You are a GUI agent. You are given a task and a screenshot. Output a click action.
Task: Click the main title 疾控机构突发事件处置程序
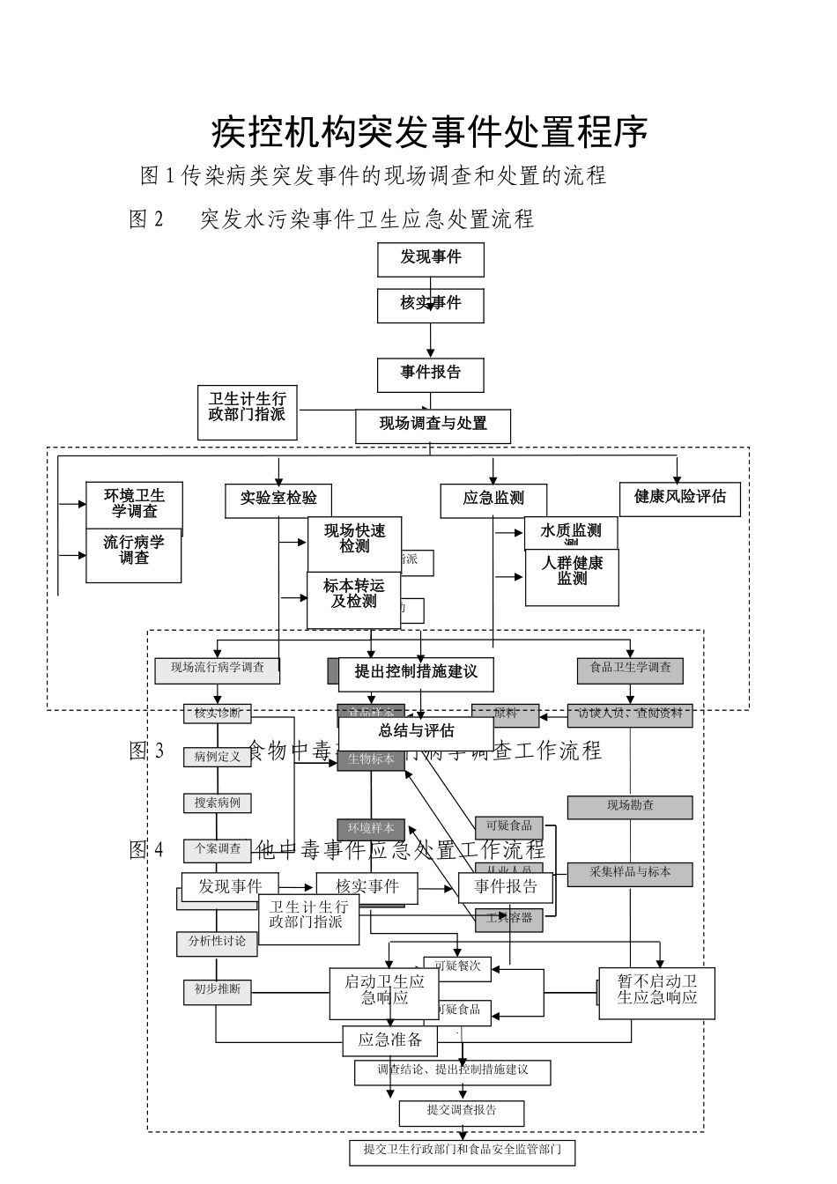point(430,132)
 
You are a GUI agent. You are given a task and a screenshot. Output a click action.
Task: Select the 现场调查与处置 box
point(433,425)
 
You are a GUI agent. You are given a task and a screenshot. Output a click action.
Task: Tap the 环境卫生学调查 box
point(134,504)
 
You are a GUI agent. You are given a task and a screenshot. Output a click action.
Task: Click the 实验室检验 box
point(278,499)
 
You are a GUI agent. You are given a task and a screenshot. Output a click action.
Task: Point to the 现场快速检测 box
point(354,539)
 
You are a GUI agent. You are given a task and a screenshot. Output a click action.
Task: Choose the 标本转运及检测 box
point(353,595)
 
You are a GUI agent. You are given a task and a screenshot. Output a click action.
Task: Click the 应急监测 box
point(493,499)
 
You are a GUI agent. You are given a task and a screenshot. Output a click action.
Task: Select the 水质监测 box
point(571,531)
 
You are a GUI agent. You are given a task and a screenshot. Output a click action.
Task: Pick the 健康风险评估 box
point(679,498)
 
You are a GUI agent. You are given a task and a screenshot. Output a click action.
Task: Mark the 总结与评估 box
point(416,731)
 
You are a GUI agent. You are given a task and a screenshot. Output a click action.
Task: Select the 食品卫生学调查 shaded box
point(630,669)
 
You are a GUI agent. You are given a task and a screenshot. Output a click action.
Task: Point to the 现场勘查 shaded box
point(629,806)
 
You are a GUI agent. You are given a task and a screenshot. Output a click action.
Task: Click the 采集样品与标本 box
point(629,873)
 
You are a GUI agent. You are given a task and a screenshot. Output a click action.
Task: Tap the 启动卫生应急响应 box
point(384,990)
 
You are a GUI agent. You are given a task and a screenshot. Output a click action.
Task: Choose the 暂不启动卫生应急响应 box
point(656,991)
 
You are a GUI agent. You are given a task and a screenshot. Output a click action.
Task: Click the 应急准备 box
point(389,1040)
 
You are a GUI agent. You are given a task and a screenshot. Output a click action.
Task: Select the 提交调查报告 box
point(462,1111)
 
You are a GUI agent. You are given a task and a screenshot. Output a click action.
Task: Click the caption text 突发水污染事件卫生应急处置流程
point(367,219)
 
